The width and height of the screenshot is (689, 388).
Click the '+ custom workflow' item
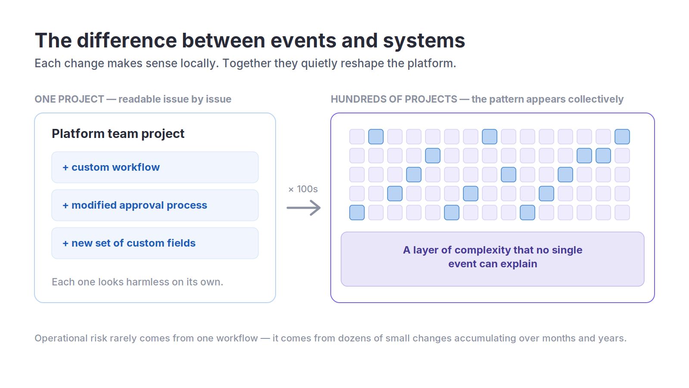[155, 167]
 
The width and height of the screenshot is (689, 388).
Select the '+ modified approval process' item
[155, 205]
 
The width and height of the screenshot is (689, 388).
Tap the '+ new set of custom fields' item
[155, 243]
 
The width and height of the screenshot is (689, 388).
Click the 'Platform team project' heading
[118, 134]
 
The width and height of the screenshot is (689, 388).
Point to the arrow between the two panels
[304, 208]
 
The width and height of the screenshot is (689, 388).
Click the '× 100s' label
[303, 189]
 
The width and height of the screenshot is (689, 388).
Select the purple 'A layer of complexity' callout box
[493, 259]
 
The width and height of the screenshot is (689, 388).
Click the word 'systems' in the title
[424, 41]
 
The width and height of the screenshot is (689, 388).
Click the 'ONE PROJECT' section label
[69, 99]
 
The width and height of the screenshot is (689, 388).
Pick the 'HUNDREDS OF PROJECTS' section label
[394, 99]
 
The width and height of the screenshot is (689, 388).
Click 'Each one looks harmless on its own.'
[137, 282]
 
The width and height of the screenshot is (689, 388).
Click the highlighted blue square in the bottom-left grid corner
[357, 213]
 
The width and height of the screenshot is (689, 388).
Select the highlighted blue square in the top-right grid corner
[622, 137]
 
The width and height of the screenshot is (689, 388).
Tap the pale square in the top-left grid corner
[357, 137]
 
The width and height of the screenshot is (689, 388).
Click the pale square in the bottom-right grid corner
[622, 213]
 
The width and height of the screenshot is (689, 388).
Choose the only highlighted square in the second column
[376, 137]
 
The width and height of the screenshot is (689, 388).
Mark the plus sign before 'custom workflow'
[65, 168]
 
